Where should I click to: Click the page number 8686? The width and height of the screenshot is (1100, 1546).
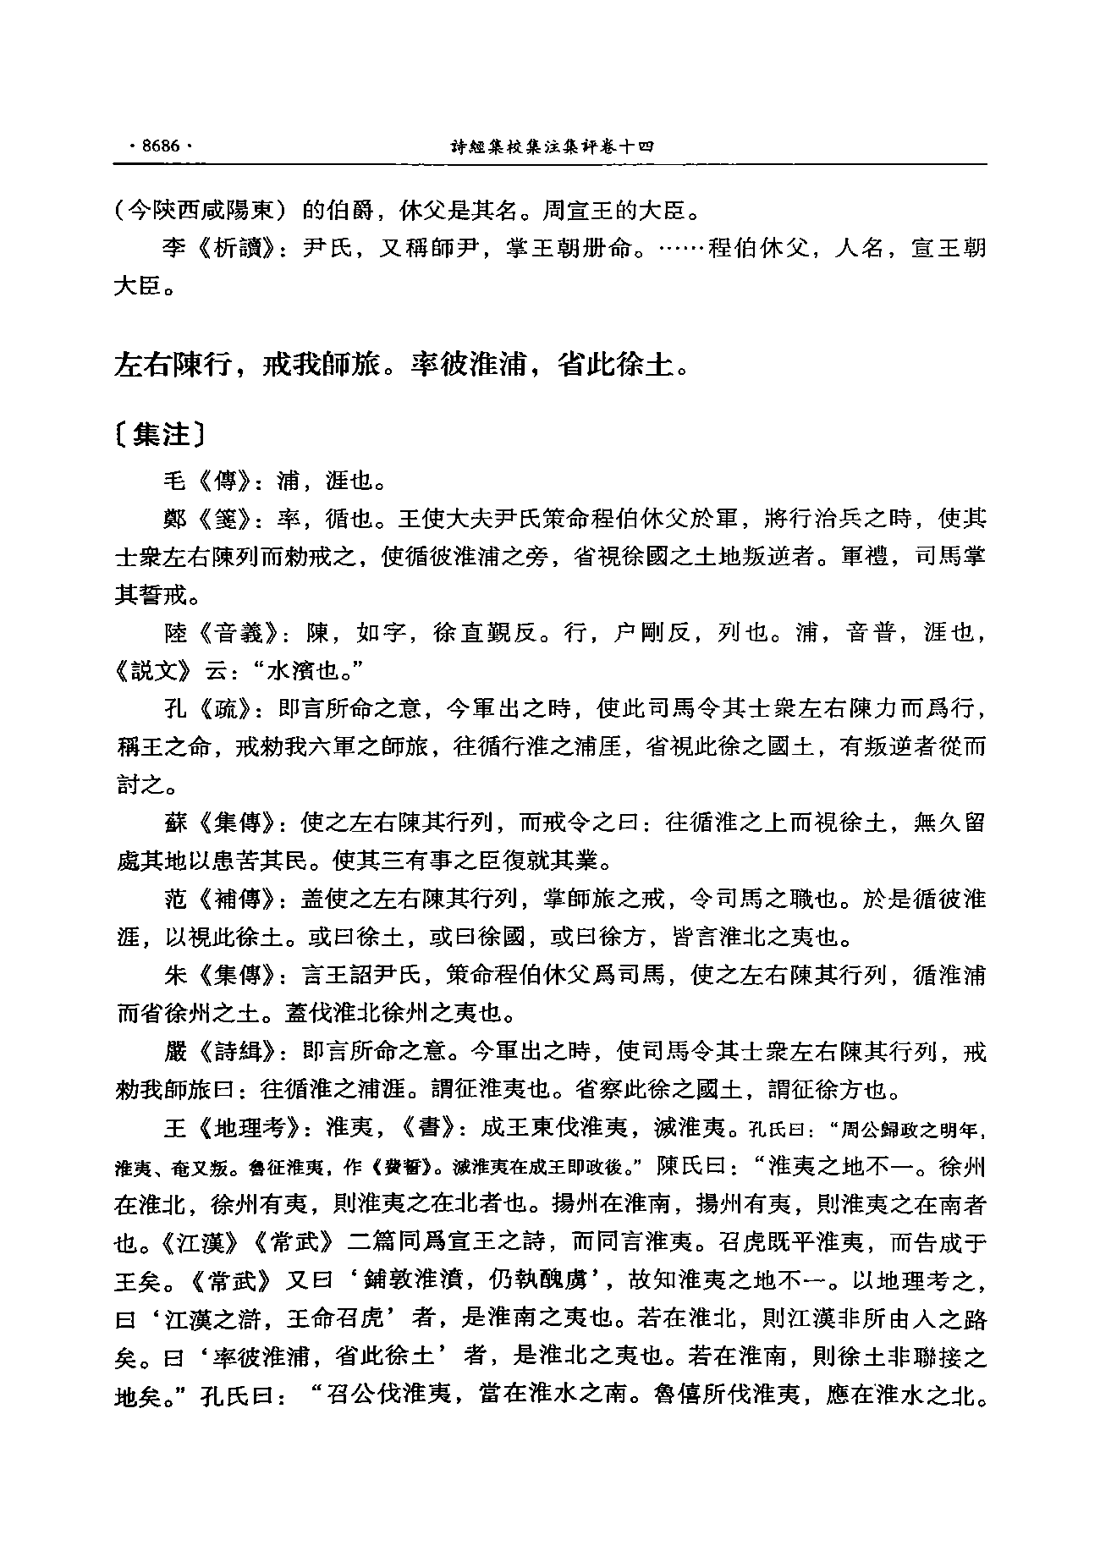(x=160, y=146)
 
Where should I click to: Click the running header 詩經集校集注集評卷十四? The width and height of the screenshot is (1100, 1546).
(x=553, y=146)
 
